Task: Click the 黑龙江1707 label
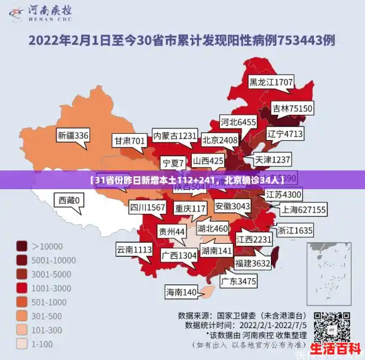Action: pos(270,81)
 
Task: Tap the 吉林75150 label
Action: pos(292,108)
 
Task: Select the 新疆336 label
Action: pos(73,135)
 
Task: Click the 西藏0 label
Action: pos(68,200)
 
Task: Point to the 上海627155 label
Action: pos(304,209)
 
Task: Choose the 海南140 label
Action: pos(181,292)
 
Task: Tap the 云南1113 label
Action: pos(133,249)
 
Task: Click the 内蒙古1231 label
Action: pos(175,135)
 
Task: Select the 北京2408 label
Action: pos(219,140)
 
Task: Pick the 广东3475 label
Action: pos(238,281)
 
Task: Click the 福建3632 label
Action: pos(253,263)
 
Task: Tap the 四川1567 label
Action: pos(147,208)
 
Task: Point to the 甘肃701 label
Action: pos(129,141)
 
